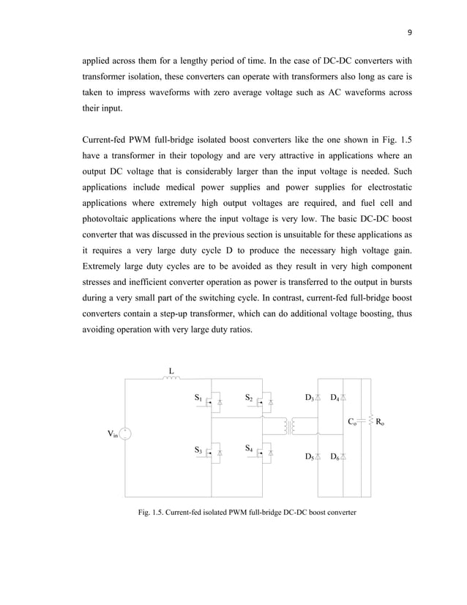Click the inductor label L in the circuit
[x=171, y=370]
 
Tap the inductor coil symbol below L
[x=171, y=379]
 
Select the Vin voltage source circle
[x=125, y=434]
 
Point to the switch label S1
[x=198, y=398]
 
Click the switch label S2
[x=249, y=398]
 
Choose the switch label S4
[x=249, y=448]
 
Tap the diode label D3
[x=309, y=398]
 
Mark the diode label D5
[x=309, y=457]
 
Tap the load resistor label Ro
[x=381, y=422]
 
